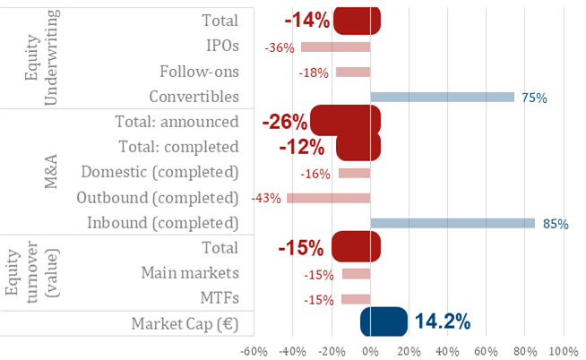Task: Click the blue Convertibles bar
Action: pos(442,97)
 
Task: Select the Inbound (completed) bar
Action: pos(452,223)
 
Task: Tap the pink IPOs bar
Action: pos(335,47)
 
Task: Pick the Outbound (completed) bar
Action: pos(328,198)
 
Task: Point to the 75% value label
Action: pos(535,98)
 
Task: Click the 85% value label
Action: pos(556,224)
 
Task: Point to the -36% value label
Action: pos(280,47)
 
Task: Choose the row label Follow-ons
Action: pos(199,71)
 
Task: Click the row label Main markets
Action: pos(190,272)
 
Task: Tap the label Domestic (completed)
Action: pos(159,172)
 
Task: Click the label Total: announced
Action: pos(177,122)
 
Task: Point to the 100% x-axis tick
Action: pos(564,349)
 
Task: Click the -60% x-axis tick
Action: pos(254,349)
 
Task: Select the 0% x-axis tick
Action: pos(370,349)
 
